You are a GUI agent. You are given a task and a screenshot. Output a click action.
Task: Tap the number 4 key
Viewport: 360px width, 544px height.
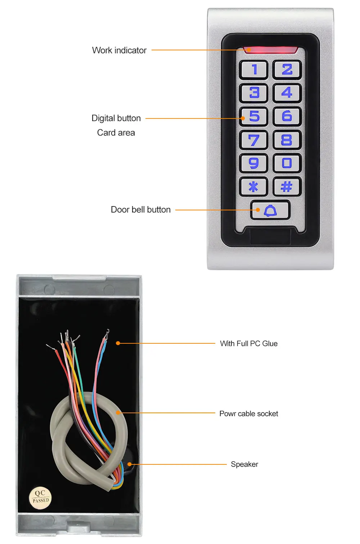(x=287, y=93)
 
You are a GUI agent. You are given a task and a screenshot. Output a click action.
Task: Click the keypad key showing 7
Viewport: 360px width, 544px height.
(x=254, y=140)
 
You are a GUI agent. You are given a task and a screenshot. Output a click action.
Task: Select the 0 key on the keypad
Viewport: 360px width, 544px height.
(x=287, y=163)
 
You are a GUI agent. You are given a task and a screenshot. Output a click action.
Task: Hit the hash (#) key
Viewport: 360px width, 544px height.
(x=287, y=187)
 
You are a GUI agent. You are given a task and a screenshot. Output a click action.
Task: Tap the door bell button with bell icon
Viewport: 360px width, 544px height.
(x=270, y=210)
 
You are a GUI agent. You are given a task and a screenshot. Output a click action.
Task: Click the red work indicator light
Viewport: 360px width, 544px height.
(x=270, y=50)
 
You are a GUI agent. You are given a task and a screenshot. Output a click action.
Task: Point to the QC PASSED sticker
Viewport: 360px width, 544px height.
(x=40, y=498)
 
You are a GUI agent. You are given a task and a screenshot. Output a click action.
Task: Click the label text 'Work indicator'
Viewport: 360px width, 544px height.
(x=119, y=50)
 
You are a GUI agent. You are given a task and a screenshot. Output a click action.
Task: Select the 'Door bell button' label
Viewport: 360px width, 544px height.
(x=140, y=210)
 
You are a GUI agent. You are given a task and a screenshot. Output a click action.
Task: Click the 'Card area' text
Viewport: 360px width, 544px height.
(x=116, y=133)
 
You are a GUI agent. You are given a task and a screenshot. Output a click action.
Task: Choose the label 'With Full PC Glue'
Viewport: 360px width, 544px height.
(x=249, y=344)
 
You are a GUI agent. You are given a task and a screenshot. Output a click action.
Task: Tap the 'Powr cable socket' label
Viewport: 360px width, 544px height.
(x=248, y=414)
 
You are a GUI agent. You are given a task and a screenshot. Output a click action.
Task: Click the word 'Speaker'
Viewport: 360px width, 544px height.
(x=244, y=464)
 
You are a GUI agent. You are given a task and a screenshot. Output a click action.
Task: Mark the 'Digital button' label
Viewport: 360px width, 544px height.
(x=116, y=118)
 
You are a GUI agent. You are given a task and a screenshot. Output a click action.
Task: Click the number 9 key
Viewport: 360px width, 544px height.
(x=254, y=163)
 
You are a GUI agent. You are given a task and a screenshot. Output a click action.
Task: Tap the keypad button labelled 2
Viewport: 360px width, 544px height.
(x=287, y=70)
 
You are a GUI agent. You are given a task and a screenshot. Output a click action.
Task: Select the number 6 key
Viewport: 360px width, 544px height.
(x=287, y=116)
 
